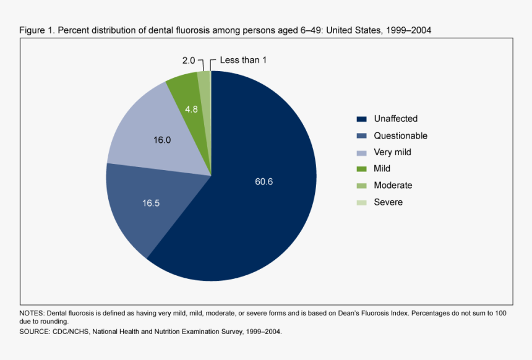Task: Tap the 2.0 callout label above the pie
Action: click(188, 61)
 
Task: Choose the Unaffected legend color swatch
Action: click(361, 119)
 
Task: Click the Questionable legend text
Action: click(400, 135)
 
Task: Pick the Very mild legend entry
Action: click(392, 152)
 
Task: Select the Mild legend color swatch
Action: click(361, 169)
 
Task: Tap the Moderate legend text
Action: click(393, 185)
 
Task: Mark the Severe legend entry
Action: click(388, 202)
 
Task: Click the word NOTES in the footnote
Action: click(32, 314)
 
